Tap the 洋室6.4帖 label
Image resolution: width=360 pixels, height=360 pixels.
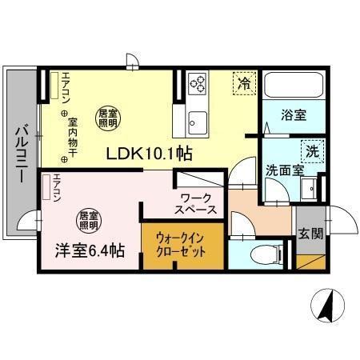tap(79, 250)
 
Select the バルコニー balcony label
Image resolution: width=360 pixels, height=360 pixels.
tap(22, 153)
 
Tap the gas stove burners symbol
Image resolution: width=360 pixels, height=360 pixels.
tap(197, 82)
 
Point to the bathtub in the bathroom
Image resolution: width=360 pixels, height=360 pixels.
tap(292, 85)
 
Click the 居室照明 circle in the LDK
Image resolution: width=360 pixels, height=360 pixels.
tap(108, 119)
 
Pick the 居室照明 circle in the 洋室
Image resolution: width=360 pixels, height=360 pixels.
tap(89, 219)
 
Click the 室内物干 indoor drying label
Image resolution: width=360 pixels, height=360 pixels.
tap(73, 135)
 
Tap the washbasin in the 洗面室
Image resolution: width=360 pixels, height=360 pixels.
tap(310, 190)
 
